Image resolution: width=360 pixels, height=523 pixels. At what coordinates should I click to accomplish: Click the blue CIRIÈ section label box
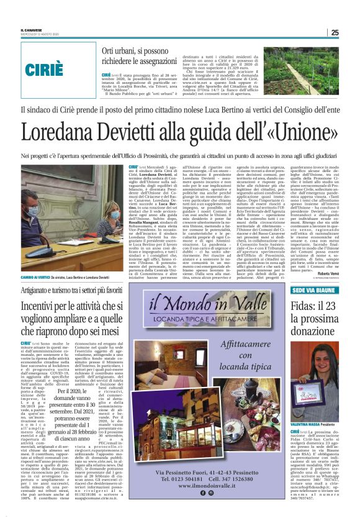(x=49, y=66)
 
